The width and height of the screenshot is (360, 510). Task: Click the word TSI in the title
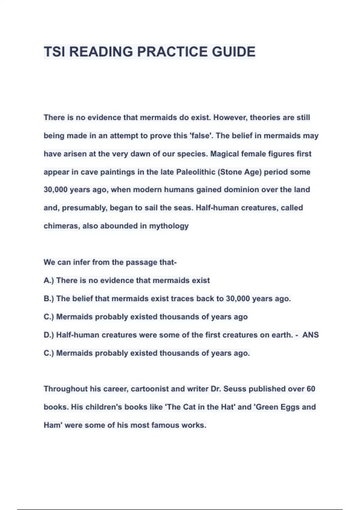[x=54, y=52]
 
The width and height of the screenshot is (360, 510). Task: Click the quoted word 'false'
[x=200, y=136]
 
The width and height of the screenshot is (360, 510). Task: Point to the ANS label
[x=310, y=335]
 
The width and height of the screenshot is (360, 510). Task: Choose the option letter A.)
[x=49, y=280]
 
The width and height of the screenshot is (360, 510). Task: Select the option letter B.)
[x=49, y=299]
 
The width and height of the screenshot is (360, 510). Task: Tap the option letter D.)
[x=49, y=335]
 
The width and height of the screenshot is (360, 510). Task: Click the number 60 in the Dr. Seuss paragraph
[x=311, y=389]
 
